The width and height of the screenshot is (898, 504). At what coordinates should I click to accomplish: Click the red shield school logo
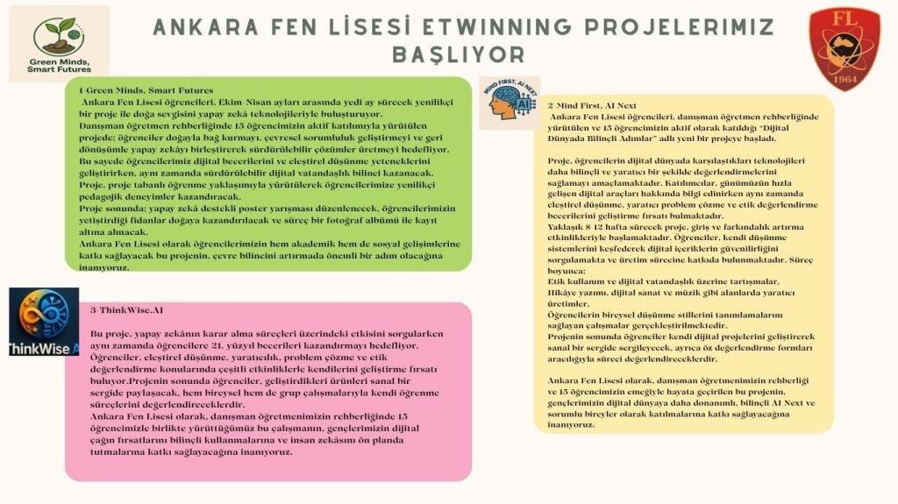tap(844, 48)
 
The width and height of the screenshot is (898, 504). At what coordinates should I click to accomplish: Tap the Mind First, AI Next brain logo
tap(510, 103)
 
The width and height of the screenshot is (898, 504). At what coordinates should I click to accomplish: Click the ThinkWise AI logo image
tap(44, 322)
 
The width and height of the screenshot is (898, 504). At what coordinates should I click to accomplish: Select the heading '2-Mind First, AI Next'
tap(592, 105)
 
